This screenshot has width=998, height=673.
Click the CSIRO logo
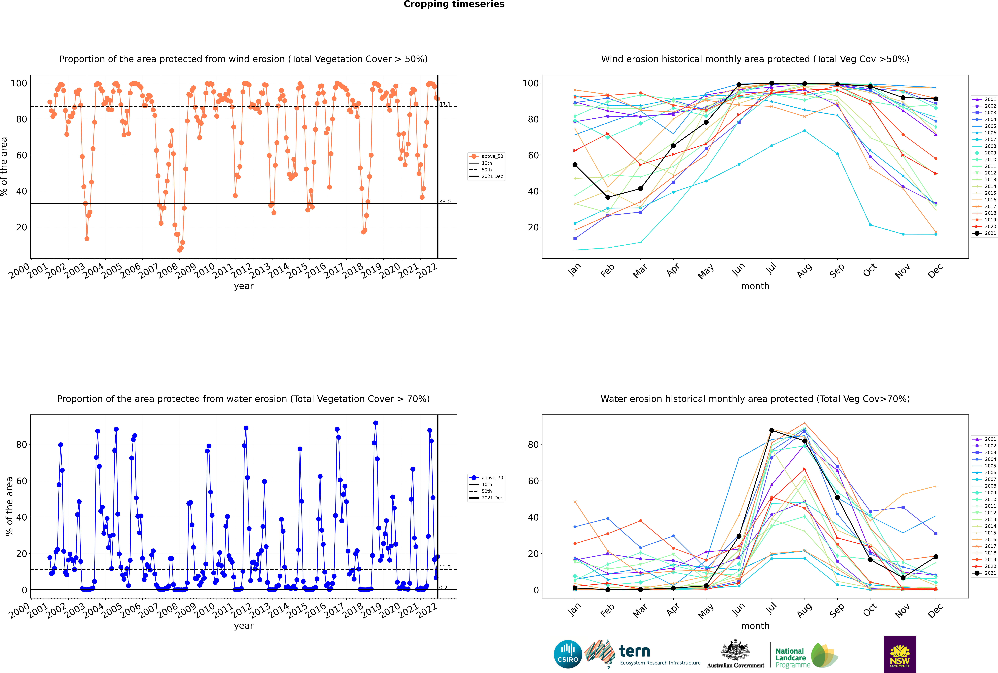(568, 654)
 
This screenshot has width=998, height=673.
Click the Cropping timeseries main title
(454, 4)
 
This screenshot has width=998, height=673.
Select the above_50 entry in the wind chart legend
(486, 156)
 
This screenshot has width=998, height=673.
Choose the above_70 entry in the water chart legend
(486, 478)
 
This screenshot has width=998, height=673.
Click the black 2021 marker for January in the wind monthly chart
(575, 165)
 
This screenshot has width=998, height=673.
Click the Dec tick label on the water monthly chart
(935, 610)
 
